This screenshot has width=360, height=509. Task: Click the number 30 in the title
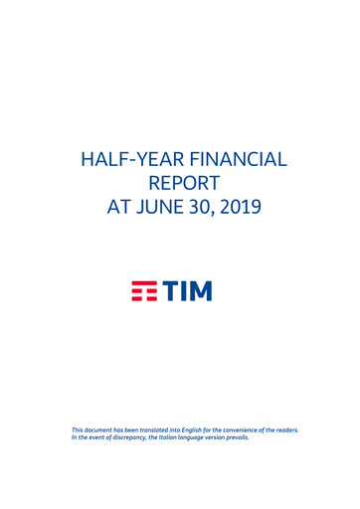pyautogui.click(x=196, y=209)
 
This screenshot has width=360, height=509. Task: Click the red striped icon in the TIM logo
pyautogui.click(x=146, y=291)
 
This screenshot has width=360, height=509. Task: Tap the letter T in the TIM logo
pyautogui.click(x=173, y=291)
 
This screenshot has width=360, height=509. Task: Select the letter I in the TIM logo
pyautogui.click(x=188, y=291)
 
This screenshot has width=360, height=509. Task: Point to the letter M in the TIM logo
pyautogui.click(x=203, y=291)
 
